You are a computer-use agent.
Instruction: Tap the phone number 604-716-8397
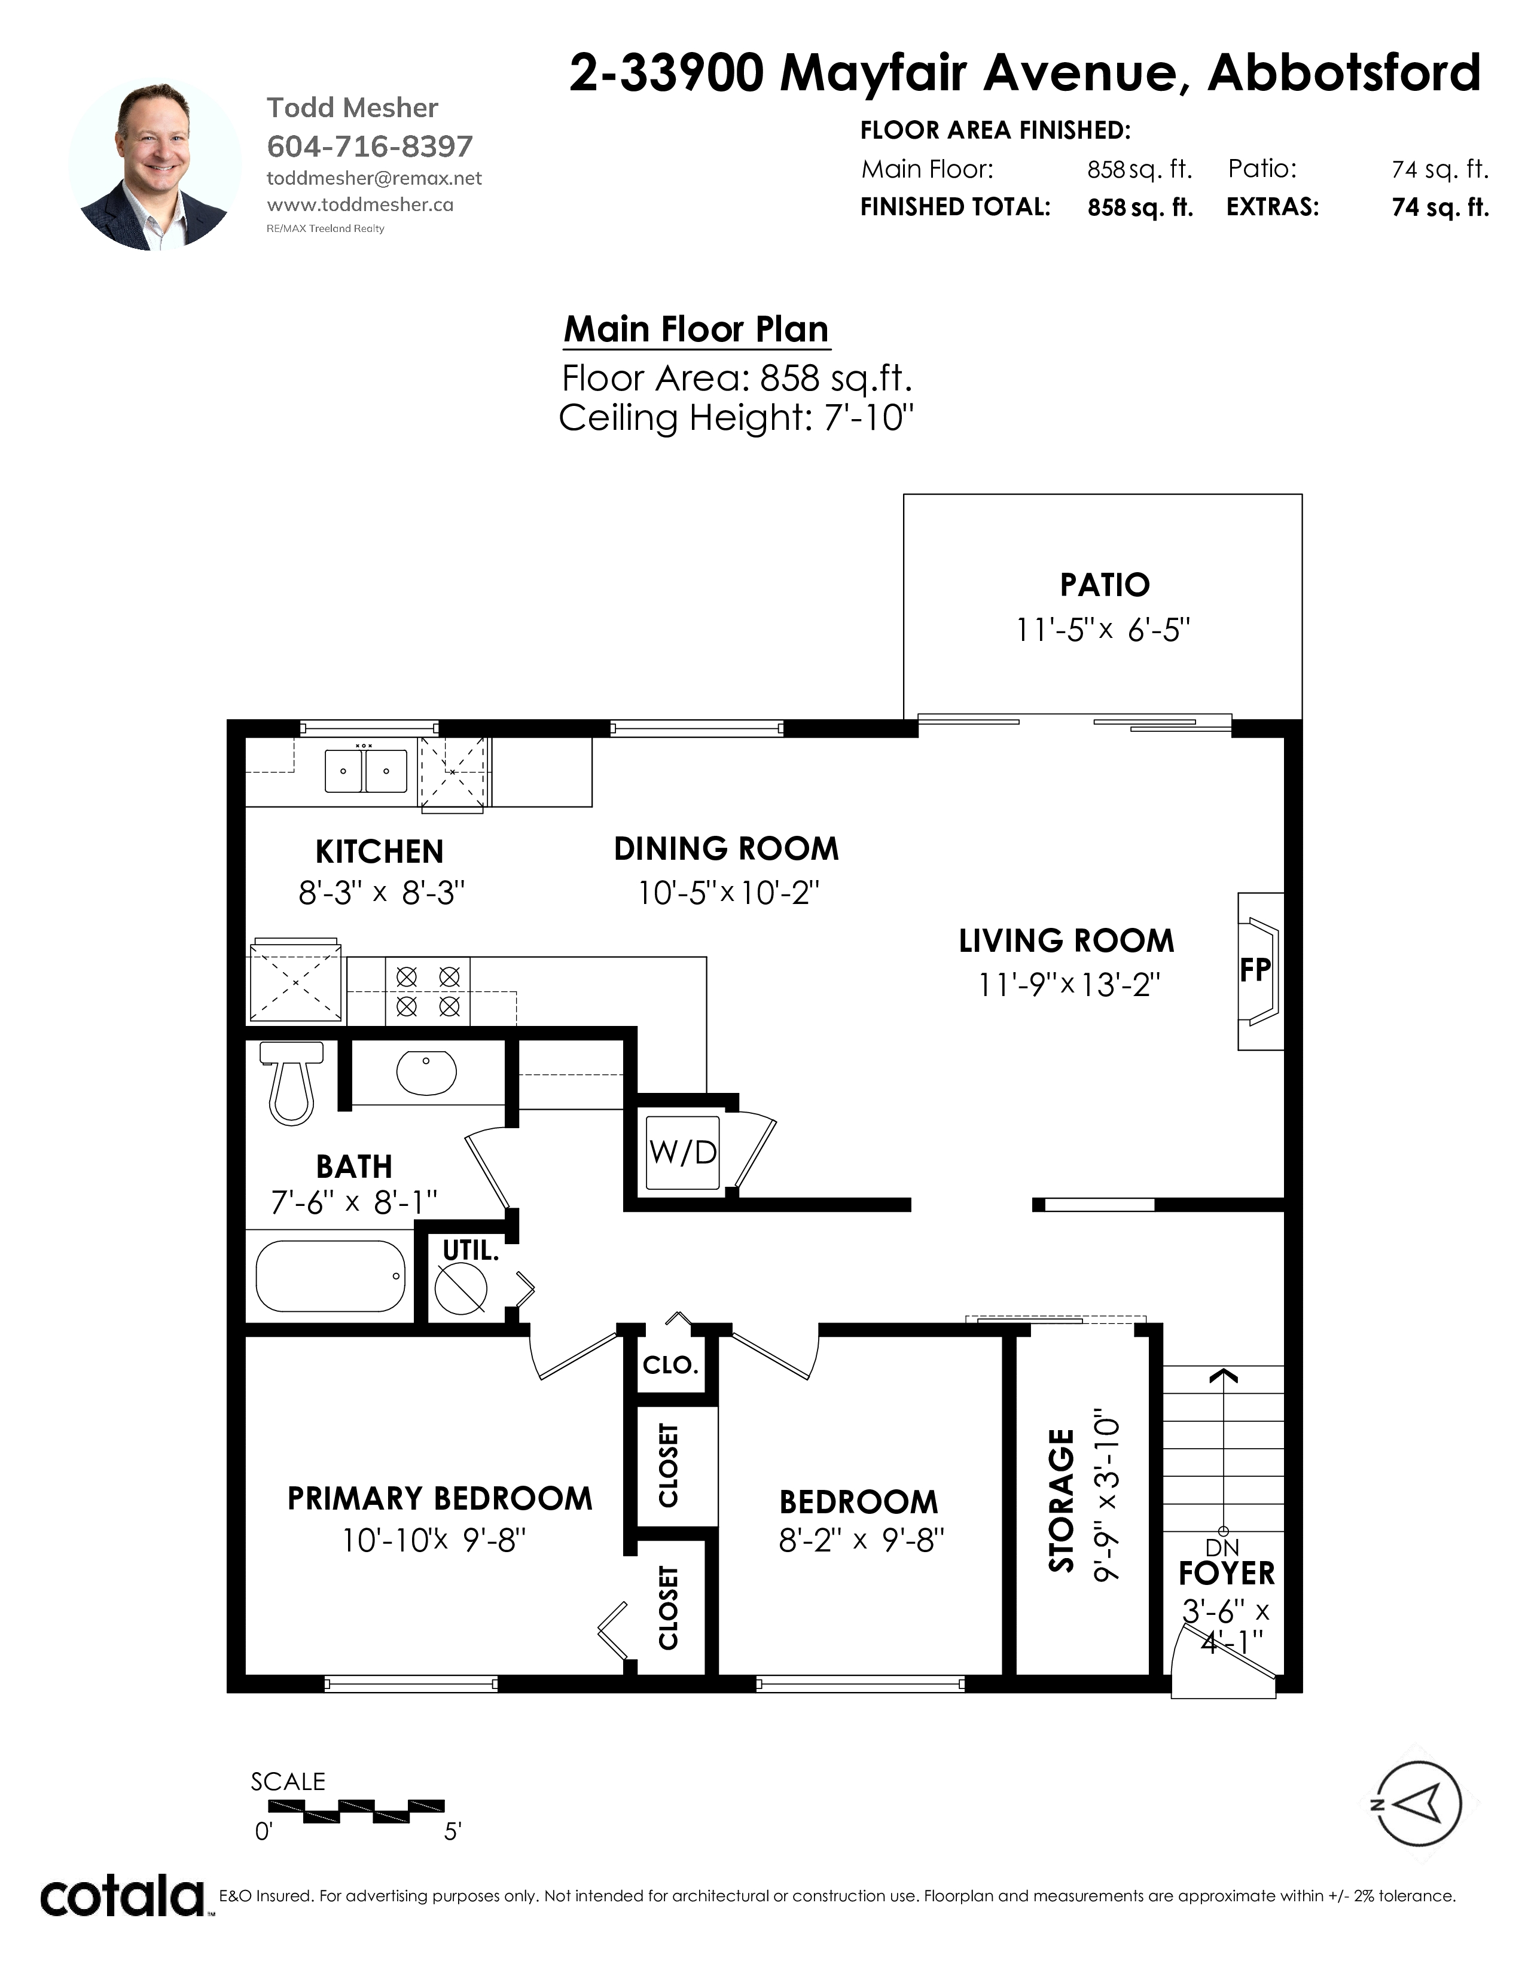370,146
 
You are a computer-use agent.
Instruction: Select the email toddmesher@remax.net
374,178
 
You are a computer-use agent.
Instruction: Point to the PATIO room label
1104,585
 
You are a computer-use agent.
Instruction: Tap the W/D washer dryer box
682,1152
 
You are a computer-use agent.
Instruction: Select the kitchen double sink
366,771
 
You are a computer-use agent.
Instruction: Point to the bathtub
331,1276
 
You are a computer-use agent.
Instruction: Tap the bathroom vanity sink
426,1073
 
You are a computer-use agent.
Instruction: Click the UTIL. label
470,1251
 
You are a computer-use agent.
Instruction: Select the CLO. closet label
670,1364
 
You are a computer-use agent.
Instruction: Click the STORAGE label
1062,1501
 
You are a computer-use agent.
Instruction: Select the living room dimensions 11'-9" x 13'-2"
1069,984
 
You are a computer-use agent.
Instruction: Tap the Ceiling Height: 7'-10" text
736,419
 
